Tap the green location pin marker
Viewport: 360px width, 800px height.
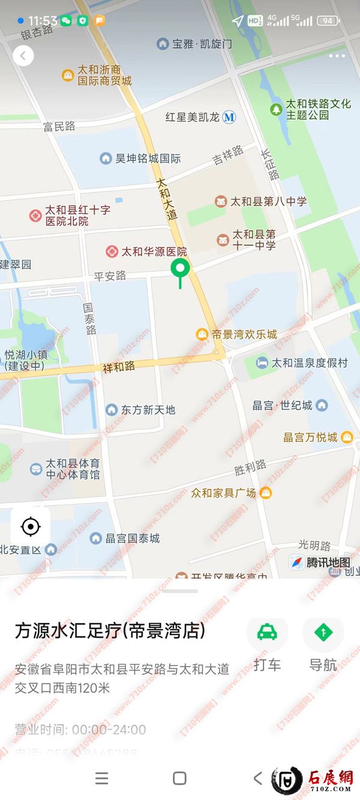(x=180, y=269)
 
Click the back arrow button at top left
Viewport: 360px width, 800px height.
(x=23, y=56)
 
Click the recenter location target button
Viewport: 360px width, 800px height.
(x=30, y=527)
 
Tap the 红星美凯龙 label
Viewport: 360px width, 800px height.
(x=193, y=117)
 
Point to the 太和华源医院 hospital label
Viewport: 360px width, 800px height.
(x=154, y=251)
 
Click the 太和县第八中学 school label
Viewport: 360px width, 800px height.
(x=268, y=202)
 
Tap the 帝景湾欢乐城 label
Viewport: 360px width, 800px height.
(x=244, y=334)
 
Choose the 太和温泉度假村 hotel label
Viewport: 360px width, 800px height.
(x=309, y=363)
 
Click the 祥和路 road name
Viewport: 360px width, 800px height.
(x=119, y=367)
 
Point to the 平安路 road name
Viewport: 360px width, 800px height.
(x=110, y=276)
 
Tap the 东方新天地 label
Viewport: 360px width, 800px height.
(x=148, y=410)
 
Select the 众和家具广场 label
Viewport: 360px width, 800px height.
(x=223, y=493)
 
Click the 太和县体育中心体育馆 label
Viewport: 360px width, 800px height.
(x=73, y=469)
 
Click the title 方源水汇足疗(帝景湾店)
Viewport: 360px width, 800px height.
(x=110, y=631)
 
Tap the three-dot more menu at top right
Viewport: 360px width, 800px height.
(x=337, y=56)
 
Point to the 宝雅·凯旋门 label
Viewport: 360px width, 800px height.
(x=202, y=44)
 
